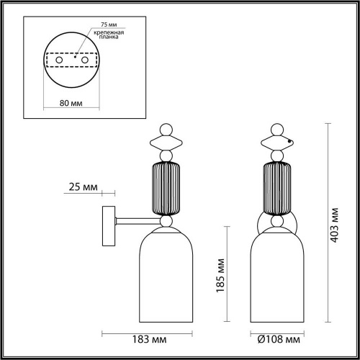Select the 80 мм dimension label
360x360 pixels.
[x=70, y=103]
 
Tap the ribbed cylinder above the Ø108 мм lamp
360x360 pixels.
[x=277, y=189]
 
